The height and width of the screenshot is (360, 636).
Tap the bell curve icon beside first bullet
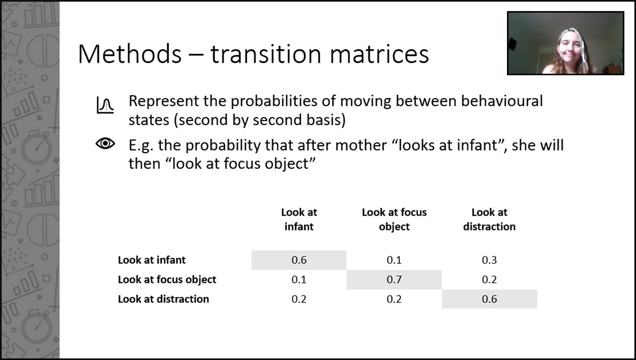(x=105, y=105)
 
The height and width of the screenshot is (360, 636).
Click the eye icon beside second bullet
(x=105, y=143)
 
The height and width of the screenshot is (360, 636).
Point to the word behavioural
(x=502, y=101)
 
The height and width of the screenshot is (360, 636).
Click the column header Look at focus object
(x=394, y=219)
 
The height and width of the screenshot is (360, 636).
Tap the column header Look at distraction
(x=489, y=219)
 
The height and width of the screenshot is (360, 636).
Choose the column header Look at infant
(x=299, y=219)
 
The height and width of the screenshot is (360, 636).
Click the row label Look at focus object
(x=167, y=280)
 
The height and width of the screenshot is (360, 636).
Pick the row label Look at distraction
(x=163, y=299)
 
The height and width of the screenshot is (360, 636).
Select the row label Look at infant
(x=152, y=260)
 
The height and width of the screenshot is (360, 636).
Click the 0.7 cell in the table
(x=394, y=280)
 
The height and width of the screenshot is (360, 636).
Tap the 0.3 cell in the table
(x=489, y=260)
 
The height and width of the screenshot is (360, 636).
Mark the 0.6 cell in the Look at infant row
(x=299, y=260)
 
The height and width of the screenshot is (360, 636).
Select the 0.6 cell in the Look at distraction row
(x=489, y=299)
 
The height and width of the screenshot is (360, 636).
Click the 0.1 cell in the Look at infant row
(x=394, y=260)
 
